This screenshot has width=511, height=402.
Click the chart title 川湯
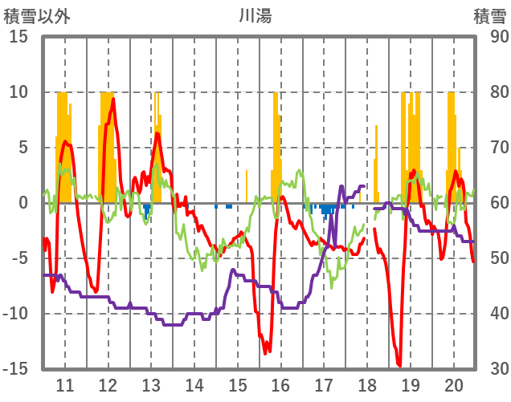click(255, 14)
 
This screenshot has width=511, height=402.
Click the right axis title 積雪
click(489, 14)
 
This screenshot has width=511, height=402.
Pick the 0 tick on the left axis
click(24, 203)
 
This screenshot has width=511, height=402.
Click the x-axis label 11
click(65, 384)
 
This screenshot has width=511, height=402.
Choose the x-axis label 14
click(194, 384)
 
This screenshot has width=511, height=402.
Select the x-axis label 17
click(324, 384)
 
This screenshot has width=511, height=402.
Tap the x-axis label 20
click(453, 384)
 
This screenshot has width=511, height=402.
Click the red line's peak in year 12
click(113, 98)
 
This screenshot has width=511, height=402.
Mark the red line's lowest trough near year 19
click(399, 366)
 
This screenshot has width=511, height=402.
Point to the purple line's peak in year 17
click(341, 186)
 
